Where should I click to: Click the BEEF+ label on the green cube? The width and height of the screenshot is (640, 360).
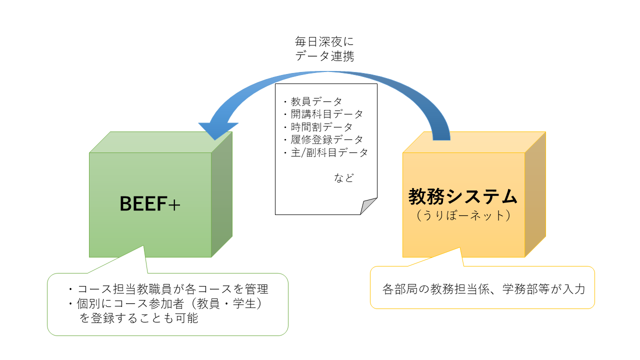point(150,203)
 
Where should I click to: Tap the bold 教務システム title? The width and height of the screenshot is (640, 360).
point(463,196)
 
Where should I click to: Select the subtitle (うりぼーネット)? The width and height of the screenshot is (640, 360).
point(463,215)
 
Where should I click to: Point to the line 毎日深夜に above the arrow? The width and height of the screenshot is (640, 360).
point(324,41)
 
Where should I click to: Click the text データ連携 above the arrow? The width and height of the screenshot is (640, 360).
point(324,56)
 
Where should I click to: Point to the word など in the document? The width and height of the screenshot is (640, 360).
point(344,178)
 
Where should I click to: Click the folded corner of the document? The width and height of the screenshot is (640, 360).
point(368,206)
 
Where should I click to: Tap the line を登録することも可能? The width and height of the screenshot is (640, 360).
point(138,318)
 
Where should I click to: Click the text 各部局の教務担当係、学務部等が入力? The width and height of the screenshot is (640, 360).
point(483,289)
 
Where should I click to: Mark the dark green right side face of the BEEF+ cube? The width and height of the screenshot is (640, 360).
point(221,194)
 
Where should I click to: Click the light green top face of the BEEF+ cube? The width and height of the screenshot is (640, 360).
point(161,142)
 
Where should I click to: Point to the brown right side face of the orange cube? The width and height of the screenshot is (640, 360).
point(535,194)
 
